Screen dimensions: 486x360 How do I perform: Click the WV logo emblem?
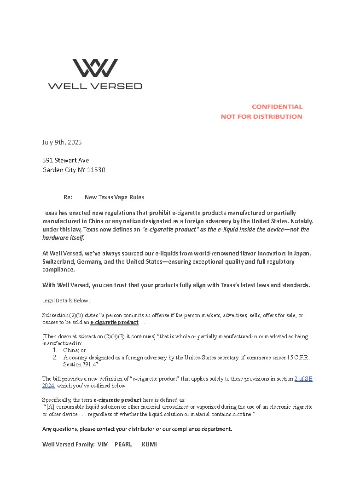pyautogui.click(x=95, y=68)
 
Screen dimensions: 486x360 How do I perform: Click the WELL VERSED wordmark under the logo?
pyautogui.click(x=95, y=86)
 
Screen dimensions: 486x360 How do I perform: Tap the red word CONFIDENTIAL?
pyautogui.click(x=277, y=107)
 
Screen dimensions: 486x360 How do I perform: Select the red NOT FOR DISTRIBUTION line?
pyautogui.click(x=261, y=116)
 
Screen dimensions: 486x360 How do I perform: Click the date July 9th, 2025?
pyautogui.click(x=62, y=142)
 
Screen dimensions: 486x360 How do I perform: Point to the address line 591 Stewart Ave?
pyautogui.click(x=65, y=160)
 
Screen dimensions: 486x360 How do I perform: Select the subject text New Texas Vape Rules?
pyautogui.click(x=114, y=197)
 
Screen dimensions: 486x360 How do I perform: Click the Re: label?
pyautogui.click(x=68, y=197)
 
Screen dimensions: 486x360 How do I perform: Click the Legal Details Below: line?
pyautogui.click(x=66, y=301)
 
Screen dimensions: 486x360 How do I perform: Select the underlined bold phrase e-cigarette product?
pyautogui.click(x=114, y=323)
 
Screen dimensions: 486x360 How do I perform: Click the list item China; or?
pyautogui.click(x=75, y=350)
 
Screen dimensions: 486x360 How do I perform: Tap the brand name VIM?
pyautogui.click(x=103, y=445)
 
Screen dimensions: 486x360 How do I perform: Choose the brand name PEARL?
pyautogui.click(x=123, y=445)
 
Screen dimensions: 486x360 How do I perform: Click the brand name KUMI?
pyautogui.click(x=149, y=445)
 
